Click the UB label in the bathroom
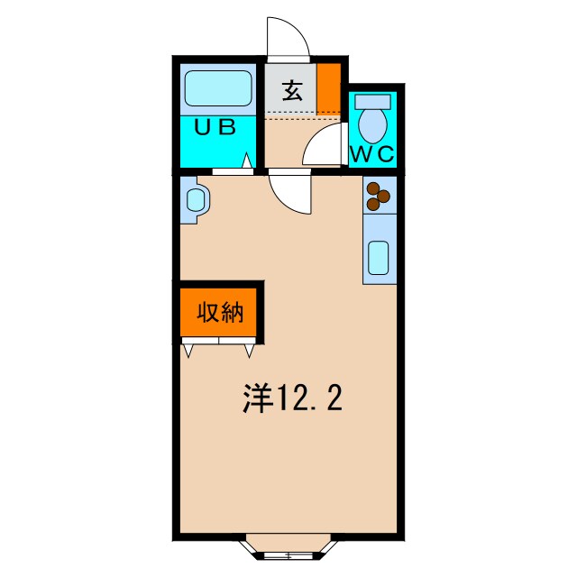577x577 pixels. (x=216, y=127)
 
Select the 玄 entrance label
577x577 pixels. (x=291, y=90)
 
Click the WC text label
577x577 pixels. (x=372, y=153)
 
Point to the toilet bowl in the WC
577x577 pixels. (x=371, y=121)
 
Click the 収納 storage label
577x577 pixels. (x=221, y=314)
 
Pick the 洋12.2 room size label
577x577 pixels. (x=292, y=398)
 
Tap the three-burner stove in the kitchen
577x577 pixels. (x=379, y=195)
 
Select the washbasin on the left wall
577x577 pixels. (x=195, y=197)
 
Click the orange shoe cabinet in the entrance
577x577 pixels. (x=328, y=87)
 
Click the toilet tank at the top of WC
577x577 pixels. (x=372, y=100)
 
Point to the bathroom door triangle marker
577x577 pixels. (x=246, y=162)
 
